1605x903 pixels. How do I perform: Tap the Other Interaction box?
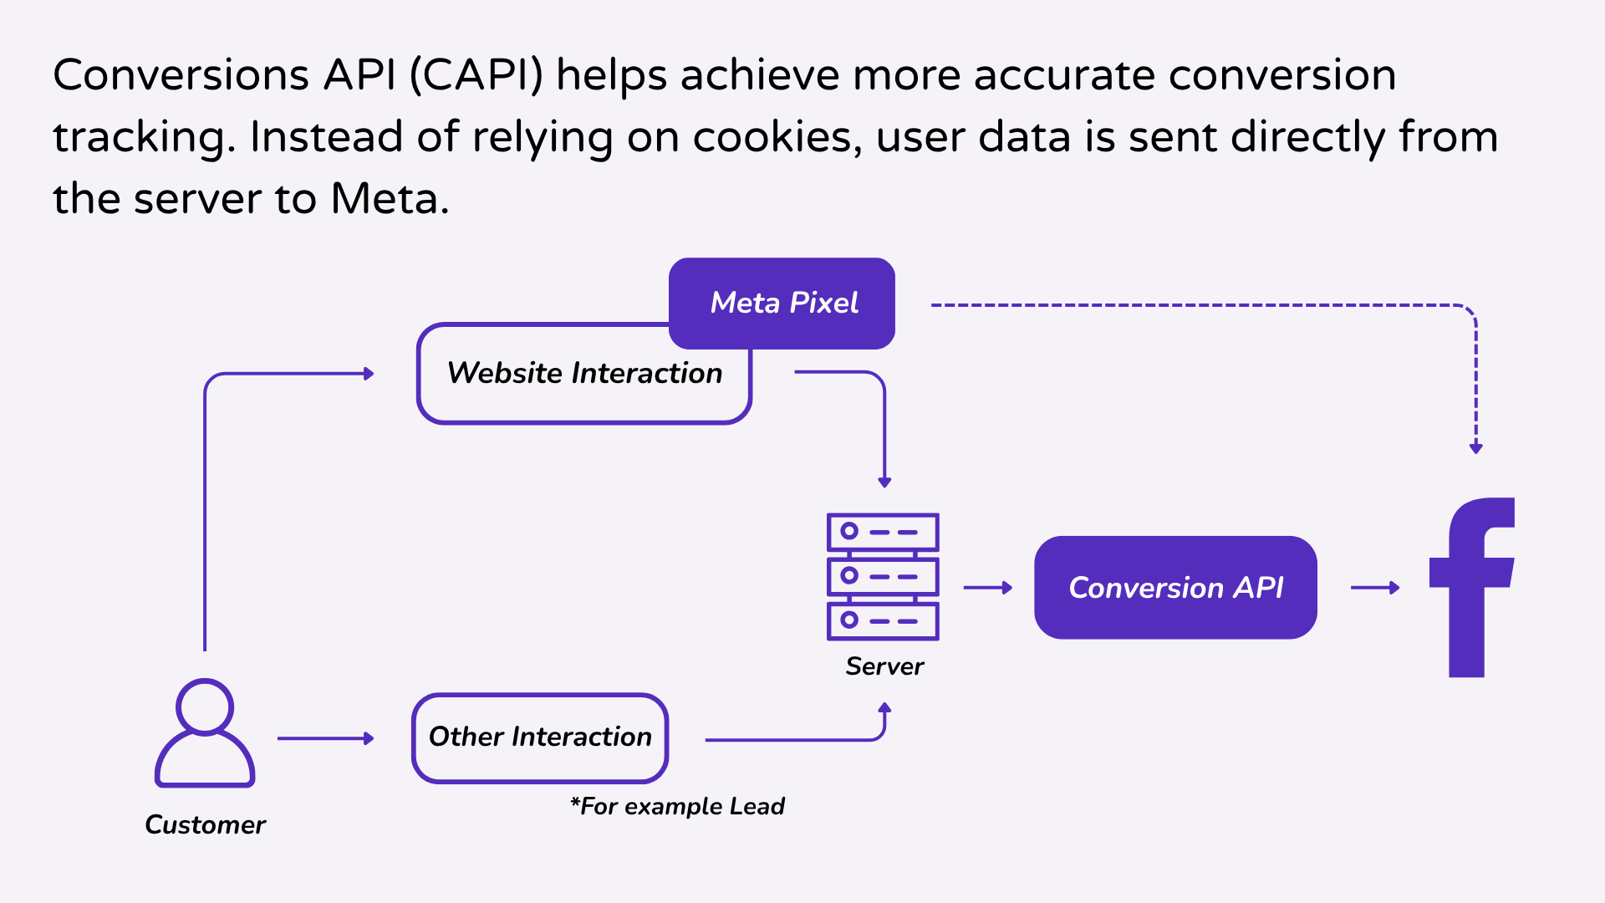click(540, 737)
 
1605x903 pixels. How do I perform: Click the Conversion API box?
click(1175, 588)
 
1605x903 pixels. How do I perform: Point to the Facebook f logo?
click(1471, 588)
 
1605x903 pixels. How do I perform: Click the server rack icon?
click(883, 577)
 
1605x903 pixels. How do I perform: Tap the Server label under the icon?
click(884, 666)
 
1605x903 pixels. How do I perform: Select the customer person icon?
click(205, 733)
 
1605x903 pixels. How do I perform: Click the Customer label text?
click(205, 825)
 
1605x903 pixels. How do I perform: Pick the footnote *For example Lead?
click(677, 806)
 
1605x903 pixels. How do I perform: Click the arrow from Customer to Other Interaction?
click(325, 738)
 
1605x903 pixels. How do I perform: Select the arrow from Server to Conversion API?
click(987, 588)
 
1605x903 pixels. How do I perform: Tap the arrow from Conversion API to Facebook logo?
click(1374, 588)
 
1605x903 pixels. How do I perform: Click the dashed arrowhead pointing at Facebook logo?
click(1476, 448)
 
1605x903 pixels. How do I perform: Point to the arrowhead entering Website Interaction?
click(368, 374)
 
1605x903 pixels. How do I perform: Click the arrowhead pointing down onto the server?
click(884, 482)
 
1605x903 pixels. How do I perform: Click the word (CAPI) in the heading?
click(476, 75)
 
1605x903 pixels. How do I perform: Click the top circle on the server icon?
click(849, 531)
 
